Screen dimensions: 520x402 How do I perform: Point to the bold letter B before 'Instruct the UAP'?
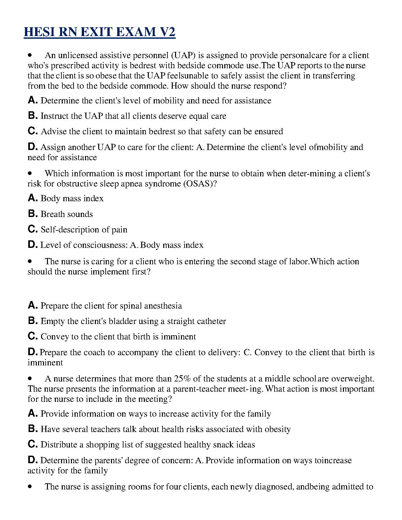(33, 116)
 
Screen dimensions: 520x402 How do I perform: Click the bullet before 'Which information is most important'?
(31, 173)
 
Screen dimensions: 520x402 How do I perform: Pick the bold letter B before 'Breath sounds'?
(33, 214)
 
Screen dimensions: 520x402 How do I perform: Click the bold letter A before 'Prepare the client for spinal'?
(33, 305)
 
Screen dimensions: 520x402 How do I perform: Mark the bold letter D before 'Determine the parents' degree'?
(33, 460)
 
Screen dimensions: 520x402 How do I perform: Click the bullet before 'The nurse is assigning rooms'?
(31, 487)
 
